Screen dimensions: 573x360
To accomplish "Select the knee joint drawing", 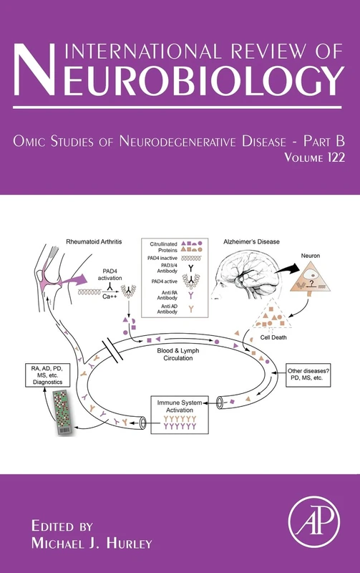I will coord(54,269).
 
